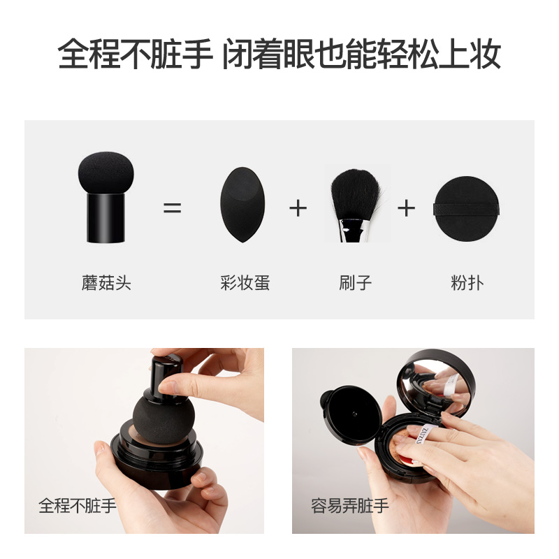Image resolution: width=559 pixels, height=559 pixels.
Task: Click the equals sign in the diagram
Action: coord(172,208)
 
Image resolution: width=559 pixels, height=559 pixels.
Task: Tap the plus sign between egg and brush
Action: coord(298,208)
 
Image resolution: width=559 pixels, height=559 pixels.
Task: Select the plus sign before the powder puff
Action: coord(406,208)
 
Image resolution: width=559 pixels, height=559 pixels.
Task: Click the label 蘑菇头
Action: coord(106,284)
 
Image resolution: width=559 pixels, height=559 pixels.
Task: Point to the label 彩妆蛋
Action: coord(245,284)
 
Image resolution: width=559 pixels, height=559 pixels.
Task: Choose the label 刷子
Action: coord(355,284)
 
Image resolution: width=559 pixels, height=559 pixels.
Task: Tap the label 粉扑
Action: coord(467,284)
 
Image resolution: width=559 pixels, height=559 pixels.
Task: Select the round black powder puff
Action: coord(467,208)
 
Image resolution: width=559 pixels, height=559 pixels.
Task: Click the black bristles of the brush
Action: coord(355,196)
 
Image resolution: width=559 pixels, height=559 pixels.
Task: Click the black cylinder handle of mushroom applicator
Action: coord(106,218)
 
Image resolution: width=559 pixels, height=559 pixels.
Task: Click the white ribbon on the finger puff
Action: coord(430,435)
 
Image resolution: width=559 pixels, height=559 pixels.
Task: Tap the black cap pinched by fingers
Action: coord(165,374)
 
